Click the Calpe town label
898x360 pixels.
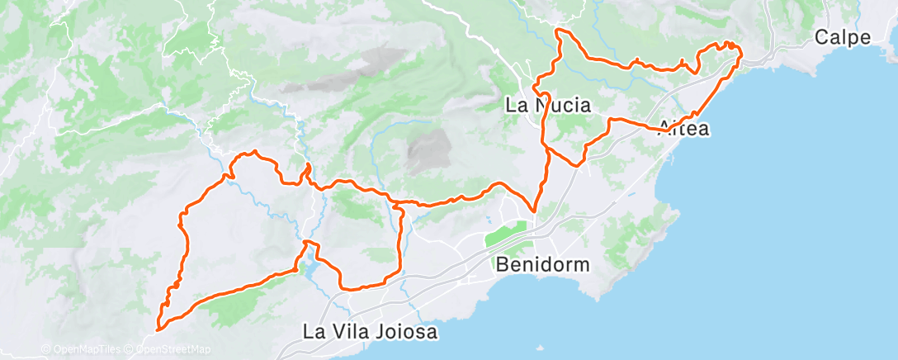tap(843, 38)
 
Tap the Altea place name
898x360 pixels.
tap(684, 129)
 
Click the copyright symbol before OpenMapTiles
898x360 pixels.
tap(46, 349)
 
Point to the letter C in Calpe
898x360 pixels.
tap(821, 38)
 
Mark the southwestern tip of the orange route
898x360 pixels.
tap(158, 328)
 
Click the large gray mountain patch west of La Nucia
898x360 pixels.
tap(427, 150)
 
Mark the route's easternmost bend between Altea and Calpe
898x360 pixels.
tap(740, 54)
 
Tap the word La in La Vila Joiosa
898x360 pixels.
tap(314, 333)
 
